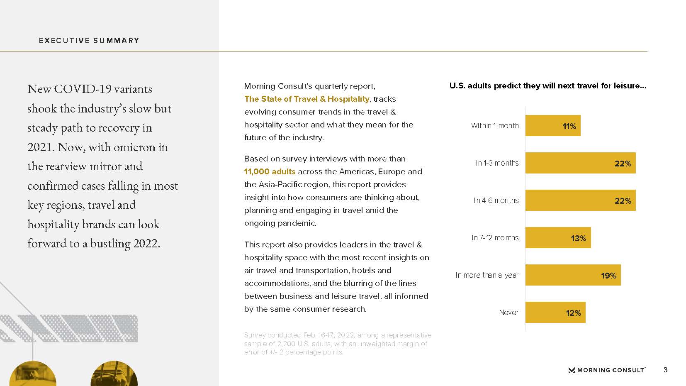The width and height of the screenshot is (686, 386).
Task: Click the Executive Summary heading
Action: [x=89, y=41]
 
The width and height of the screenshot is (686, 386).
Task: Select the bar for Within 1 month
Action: [x=552, y=126]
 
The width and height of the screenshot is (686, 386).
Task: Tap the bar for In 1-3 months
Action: [x=580, y=163]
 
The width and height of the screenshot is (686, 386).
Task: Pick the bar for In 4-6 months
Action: [x=580, y=200]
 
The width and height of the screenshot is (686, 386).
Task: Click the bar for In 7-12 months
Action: [x=557, y=238]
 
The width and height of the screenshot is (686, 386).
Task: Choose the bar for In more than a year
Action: [x=572, y=275]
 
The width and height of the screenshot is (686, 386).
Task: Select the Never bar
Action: [x=555, y=313]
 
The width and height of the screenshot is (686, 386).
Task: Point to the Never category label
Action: [x=508, y=313]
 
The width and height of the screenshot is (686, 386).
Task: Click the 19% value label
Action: [x=608, y=276]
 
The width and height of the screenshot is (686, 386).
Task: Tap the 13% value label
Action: [x=578, y=238]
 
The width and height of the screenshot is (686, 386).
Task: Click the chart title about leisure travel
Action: [x=547, y=86]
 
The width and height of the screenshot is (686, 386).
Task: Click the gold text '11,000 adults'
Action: [x=270, y=171]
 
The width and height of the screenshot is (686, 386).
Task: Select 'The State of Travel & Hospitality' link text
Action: [x=307, y=99]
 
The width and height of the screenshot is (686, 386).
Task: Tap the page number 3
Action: [x=665, y=370]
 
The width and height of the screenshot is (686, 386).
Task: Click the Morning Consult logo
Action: [x=606, y=370]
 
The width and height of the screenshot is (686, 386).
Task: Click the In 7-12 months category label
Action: [x=495, y=238]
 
